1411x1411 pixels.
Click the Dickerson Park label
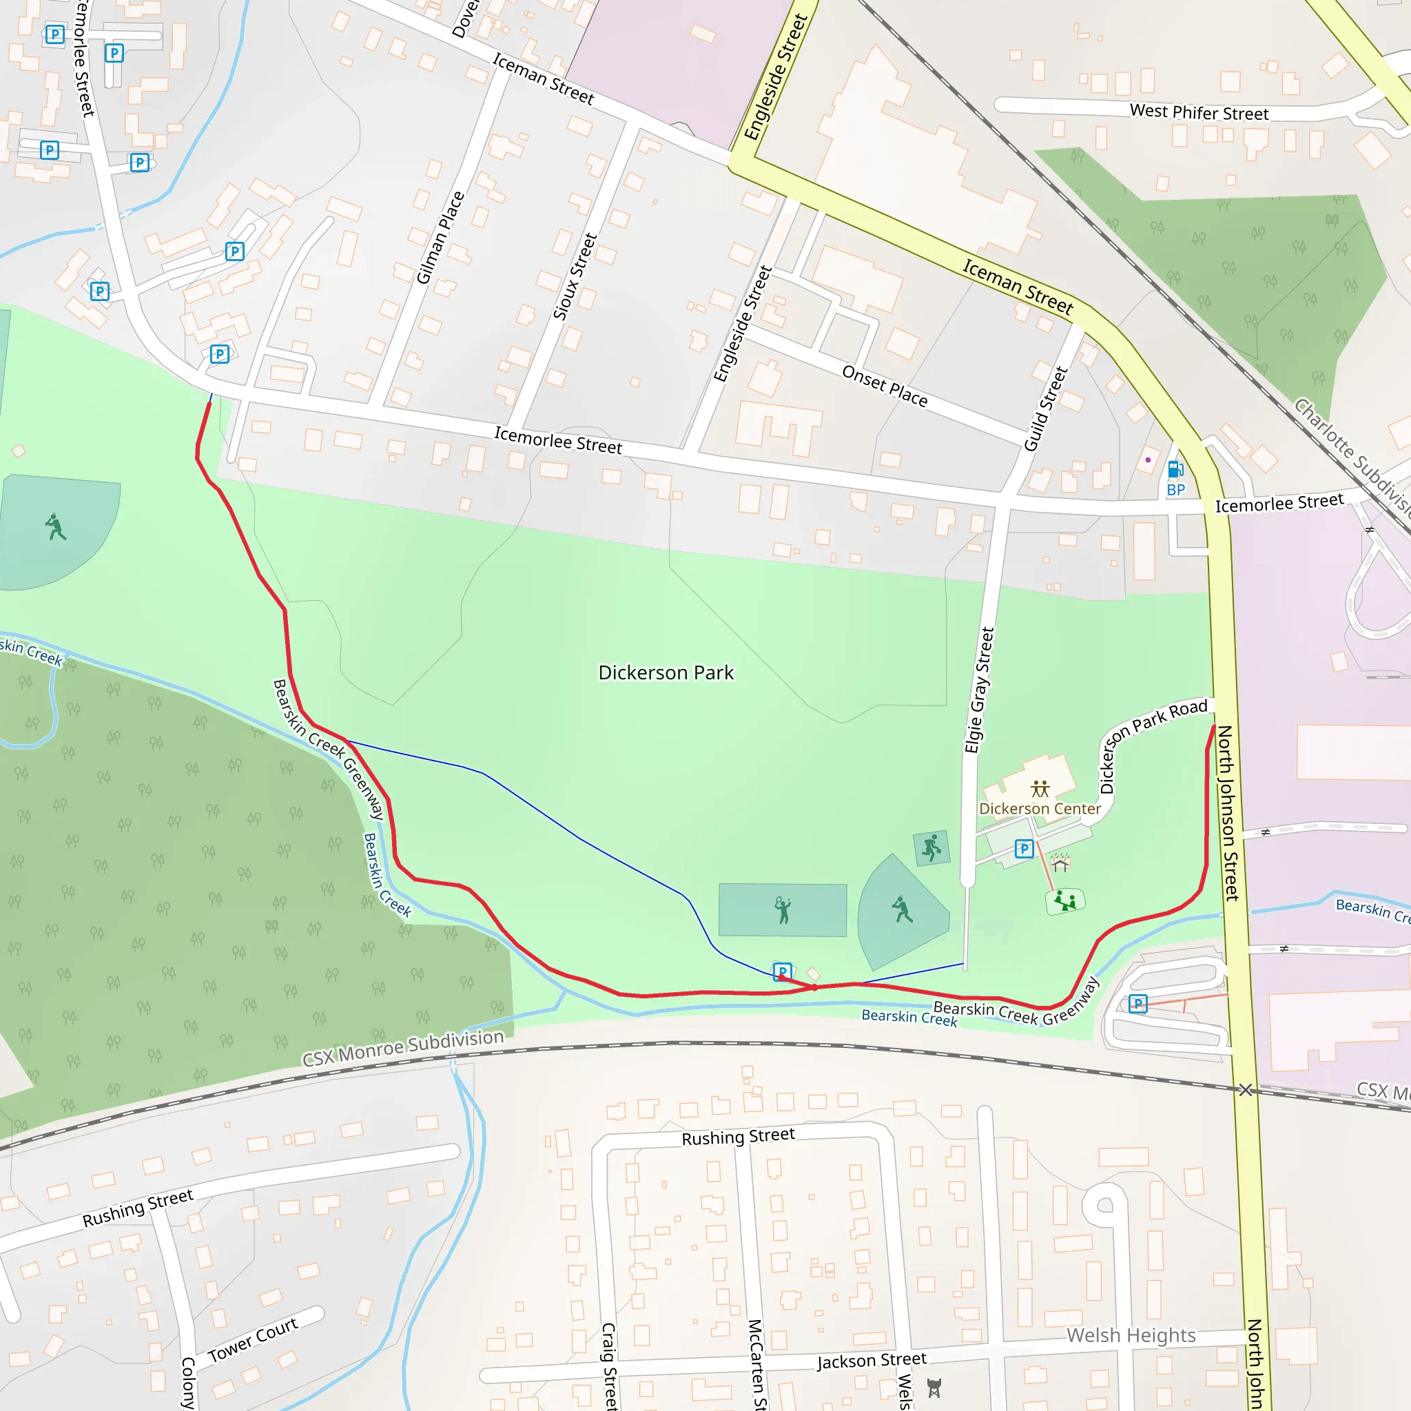point(666,672)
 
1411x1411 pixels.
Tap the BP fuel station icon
point(1175,470)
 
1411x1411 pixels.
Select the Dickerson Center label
point(1039,808)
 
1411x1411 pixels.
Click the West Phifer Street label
point(1199,112)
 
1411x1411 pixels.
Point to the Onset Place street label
point(885,387)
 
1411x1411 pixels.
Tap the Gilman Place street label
point(440,238)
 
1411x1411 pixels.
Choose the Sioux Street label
point(575,276)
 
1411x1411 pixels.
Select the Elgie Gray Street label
point(980,690)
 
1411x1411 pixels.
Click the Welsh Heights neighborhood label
point(1131,1335)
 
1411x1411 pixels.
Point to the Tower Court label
point(253,1339)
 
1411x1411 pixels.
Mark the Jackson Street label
point(872,1360)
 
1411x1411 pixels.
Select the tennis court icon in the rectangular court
point(782,910)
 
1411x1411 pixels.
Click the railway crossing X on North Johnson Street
point(1245,1090)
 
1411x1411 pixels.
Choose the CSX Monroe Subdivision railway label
point(403,1047)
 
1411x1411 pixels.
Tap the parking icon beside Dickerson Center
point(1024,849)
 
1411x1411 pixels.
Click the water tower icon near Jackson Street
point(934,1388)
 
